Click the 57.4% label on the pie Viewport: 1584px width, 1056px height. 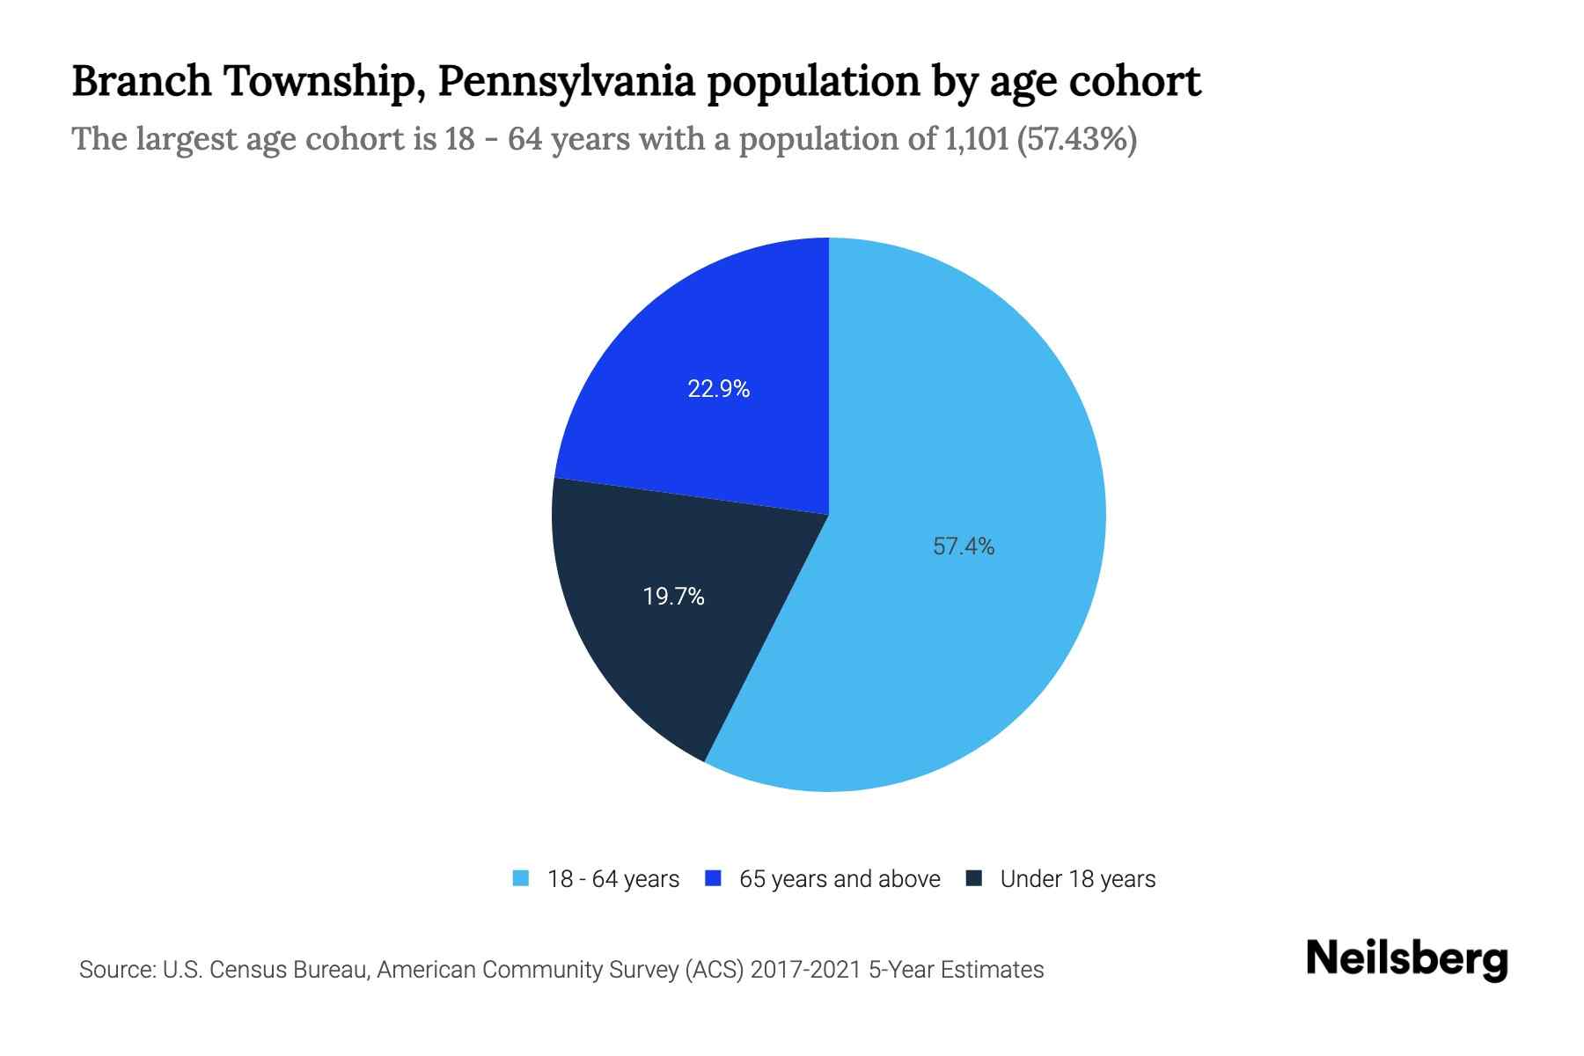pyautogui.click(x=964, y=546)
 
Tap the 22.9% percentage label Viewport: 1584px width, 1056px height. pyautogui.click(x=718, y=389)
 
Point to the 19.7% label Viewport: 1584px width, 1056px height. pyautogui.click(x=673, y=597)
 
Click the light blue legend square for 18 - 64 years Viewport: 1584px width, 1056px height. pyautogui.click(x=521, y=878)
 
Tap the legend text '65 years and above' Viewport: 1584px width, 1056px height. pyautogui.click(x=840, y=879)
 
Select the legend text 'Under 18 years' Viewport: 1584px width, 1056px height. pyautogui.click(x=1077, y=879)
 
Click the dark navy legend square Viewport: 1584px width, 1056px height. pyautogui.click(x=974, y=878)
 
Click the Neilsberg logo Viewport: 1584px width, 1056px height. pyautogui.click(x=1406, y=959)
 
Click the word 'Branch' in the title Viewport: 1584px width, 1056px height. pyautogui.click(x=142, y=82)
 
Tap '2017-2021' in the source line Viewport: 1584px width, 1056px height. pyautogui.click(x=806, y=970)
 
